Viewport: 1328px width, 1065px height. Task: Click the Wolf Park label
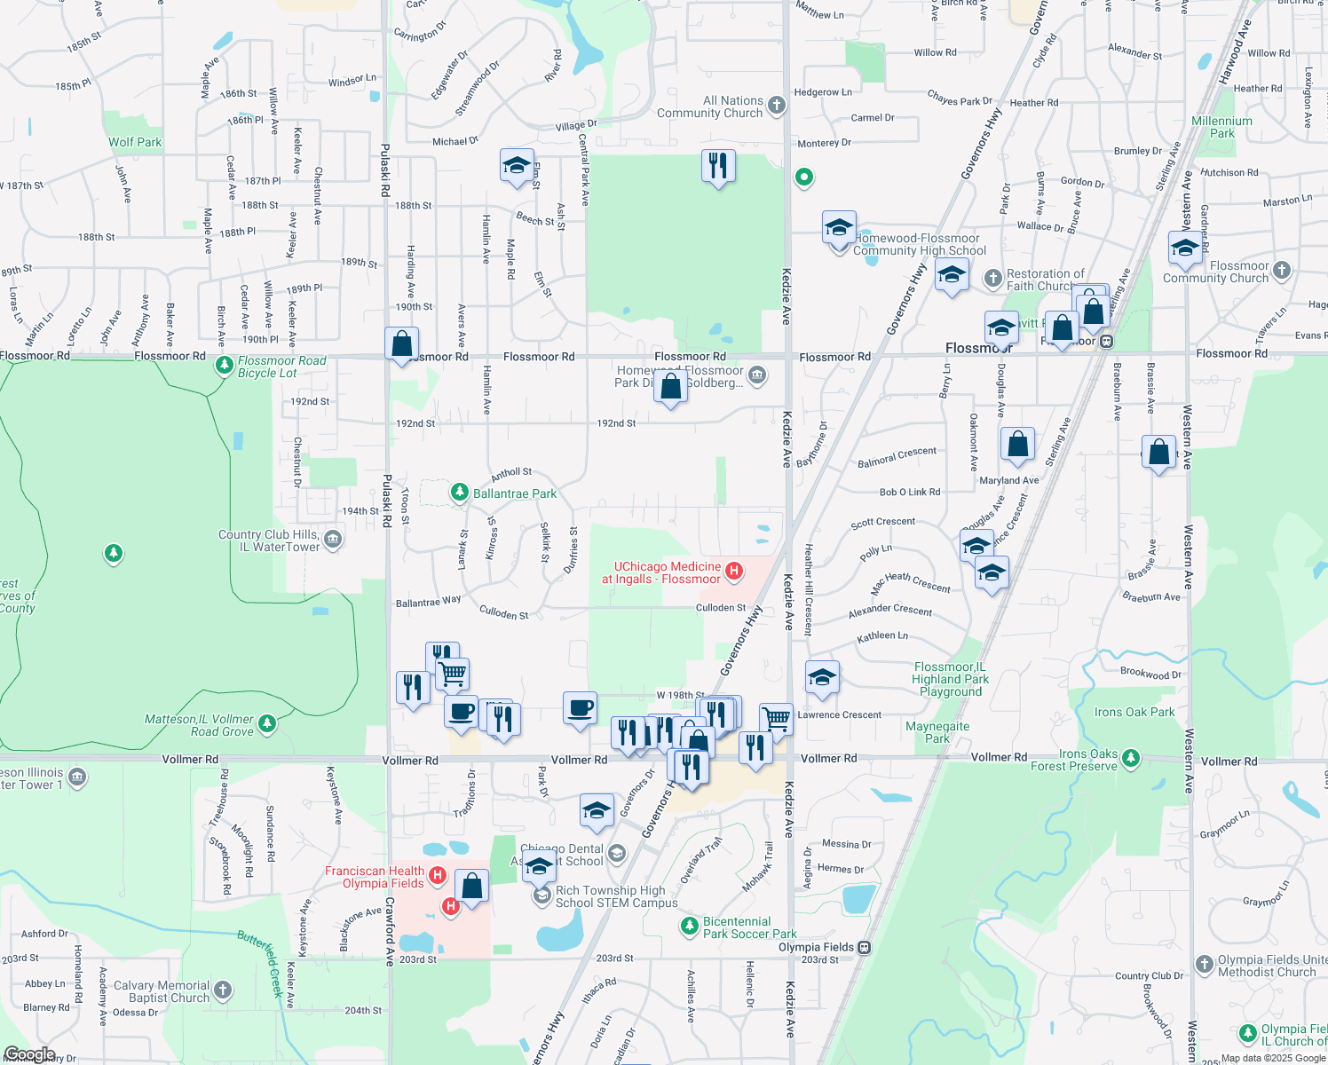[x=135, y=142]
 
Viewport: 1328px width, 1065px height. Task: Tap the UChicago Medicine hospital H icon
[x=734, y=571]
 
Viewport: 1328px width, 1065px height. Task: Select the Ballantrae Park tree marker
[x=459, y=493]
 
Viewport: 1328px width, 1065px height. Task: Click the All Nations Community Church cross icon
[x=777, y=106]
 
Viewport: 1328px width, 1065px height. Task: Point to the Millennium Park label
[x=1221, y=127]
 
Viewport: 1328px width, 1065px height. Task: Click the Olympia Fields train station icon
[x=865, y=948]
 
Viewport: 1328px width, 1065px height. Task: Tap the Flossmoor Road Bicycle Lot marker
[x=225, y=365]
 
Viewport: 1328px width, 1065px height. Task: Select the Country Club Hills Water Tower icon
[x=332, y=539]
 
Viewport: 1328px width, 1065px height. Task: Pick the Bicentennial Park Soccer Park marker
[x=690, y=927]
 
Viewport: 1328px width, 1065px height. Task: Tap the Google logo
[x=29, y=1054]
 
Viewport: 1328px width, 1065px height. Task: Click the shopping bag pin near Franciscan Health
[x=472, y=886]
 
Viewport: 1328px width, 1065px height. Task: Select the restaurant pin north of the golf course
[x=717, y=165]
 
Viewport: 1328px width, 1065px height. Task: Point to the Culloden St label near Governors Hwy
[x=721, y=608]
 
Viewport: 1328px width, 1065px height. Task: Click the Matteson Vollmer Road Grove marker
[x=267, y=724]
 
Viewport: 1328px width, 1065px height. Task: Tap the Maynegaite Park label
[x=937, y=732]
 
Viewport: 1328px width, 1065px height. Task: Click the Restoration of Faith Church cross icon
[x=993, y=279]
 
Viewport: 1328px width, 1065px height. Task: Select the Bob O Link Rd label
[x=910, y=492]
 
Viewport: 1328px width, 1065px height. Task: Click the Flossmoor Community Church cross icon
[x=1281, y=270]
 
